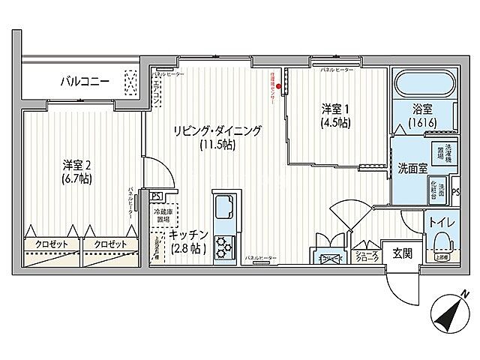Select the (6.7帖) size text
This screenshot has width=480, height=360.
[x=77, y=180]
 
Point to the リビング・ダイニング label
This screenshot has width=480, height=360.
[x=214, y=130]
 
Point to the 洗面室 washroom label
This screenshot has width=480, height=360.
[x=412, y=169]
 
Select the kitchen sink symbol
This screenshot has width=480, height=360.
[x=225, y=206]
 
